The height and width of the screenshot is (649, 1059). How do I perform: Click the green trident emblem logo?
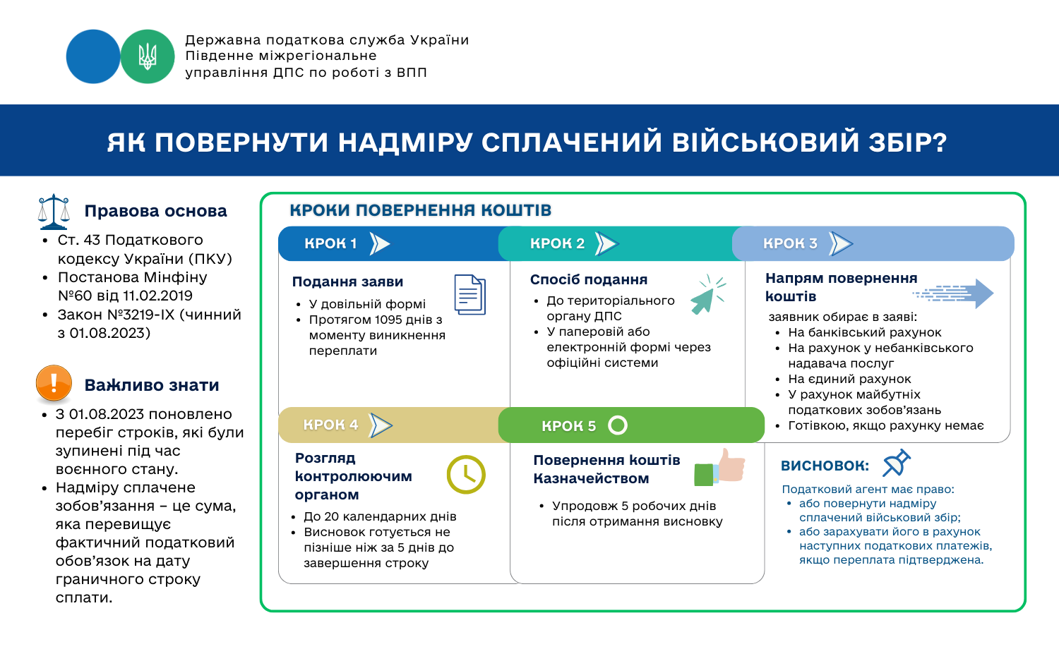point(148,56)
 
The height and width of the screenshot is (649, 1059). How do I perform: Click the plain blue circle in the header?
point(93,56)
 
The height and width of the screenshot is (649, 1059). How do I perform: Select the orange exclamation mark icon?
point(54,384)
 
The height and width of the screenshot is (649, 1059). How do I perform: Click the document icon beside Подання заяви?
point(470,295)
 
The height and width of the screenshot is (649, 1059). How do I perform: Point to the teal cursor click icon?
point(707,294)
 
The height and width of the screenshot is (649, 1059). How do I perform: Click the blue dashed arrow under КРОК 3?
point(953,293)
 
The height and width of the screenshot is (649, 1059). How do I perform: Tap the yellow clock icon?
point(466,474)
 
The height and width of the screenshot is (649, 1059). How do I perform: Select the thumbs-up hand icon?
point(719,467)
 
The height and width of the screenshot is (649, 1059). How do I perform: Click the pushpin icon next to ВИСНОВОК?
point(897,463)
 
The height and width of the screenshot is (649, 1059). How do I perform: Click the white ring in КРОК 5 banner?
point(618,425)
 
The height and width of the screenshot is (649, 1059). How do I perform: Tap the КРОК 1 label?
point(330,243)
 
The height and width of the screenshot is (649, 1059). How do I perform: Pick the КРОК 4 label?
point(330,425)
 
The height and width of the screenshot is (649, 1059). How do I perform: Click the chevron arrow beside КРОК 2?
point(606,244)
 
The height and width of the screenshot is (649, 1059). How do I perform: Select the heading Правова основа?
point(155,211)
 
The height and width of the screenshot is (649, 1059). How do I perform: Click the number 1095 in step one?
point(382,320)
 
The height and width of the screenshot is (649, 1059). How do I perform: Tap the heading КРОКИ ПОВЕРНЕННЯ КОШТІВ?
point(421,210)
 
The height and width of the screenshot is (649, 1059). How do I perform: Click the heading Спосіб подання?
point(589,279)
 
